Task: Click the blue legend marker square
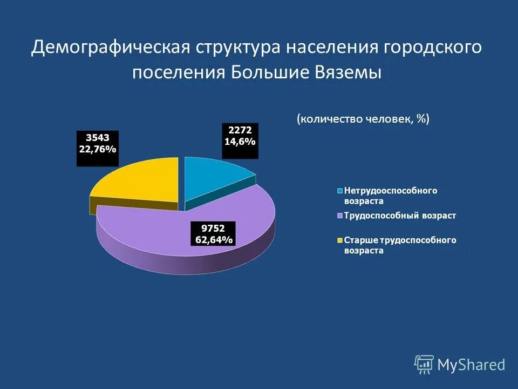coord(340,191)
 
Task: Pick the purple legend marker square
coord(340,216)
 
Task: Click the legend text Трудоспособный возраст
coord(400,216)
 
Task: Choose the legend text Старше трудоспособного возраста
coord(400,245)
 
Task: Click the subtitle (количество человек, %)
coord(363,119)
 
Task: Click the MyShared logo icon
coord(424,364)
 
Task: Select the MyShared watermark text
coord(471,365)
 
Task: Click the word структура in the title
coord(237,47)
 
